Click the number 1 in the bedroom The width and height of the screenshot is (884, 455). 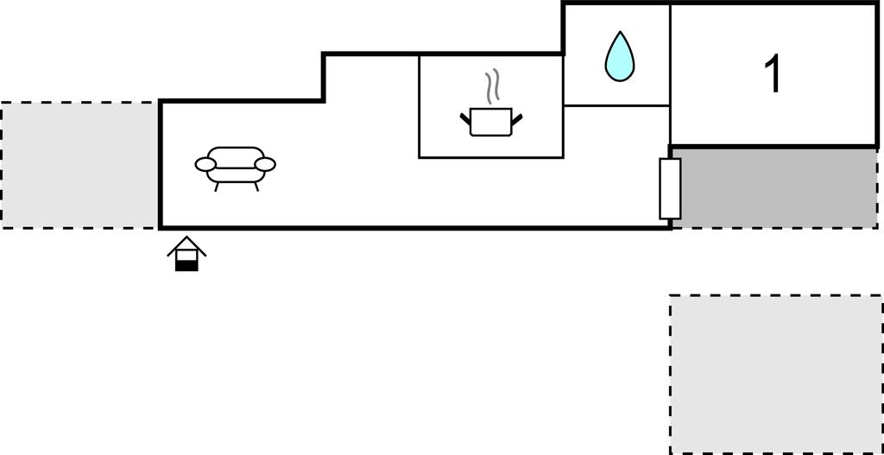[774, 74]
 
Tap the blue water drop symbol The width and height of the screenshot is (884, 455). [618, 59]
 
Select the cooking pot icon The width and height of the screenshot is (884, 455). [491, 123]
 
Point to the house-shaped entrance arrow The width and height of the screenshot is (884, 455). [186, 256]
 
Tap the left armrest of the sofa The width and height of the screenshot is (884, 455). [205, 164]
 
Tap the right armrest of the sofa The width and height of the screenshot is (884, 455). [265, 164]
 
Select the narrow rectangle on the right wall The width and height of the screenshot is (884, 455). [670, 188]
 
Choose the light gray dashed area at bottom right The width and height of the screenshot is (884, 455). [775, 373]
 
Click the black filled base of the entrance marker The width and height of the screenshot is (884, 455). [186, 265]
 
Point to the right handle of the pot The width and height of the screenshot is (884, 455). [517, 117]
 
